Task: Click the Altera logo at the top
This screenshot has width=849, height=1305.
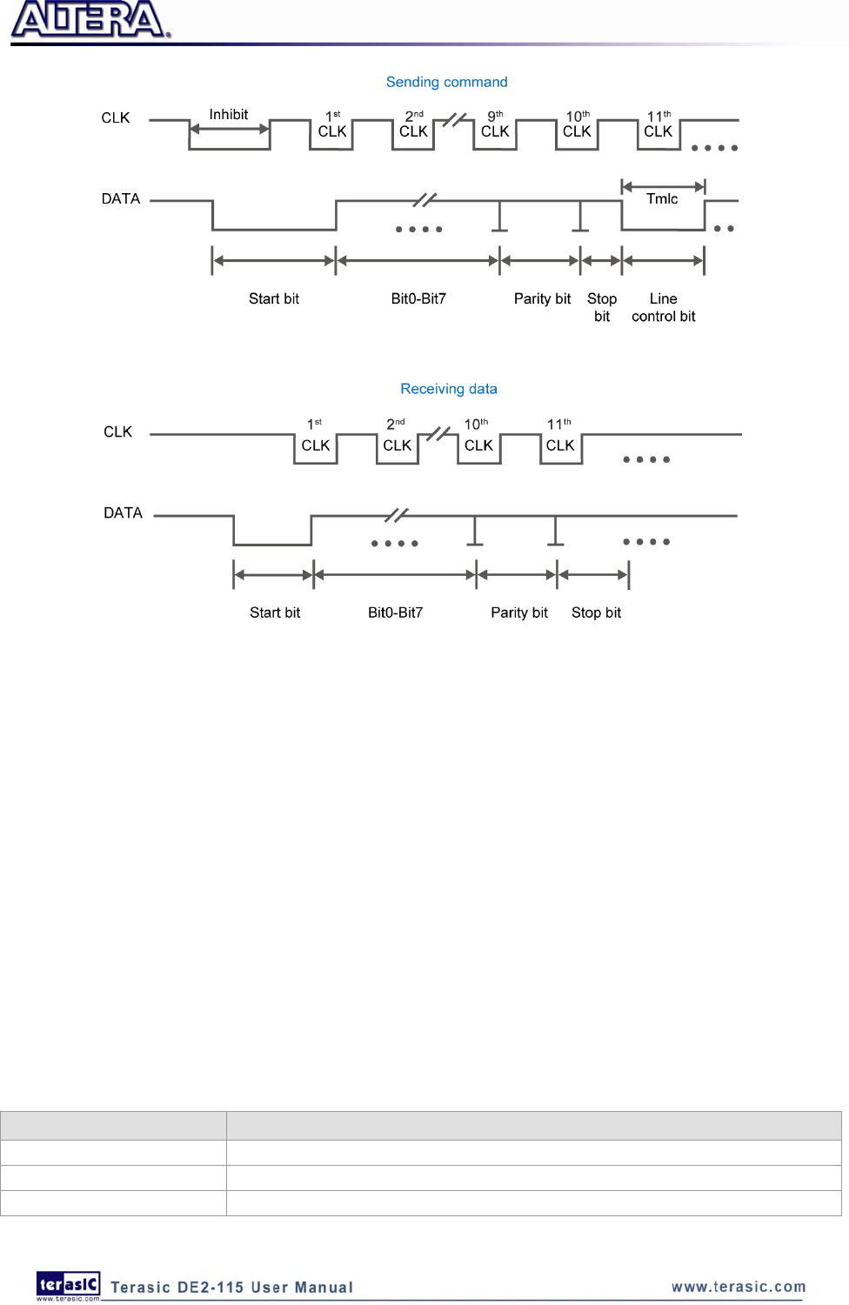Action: tap(90, 20)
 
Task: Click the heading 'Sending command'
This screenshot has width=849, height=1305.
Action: tap(446, 82)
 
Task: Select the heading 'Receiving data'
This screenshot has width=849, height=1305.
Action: tap(448, 389)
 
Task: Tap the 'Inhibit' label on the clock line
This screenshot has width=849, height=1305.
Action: tap(228, 114)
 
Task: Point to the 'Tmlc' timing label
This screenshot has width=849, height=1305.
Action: tap(661, 198)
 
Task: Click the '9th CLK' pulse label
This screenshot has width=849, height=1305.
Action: tap(495, 124)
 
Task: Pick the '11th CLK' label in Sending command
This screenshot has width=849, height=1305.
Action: tap(658, 124)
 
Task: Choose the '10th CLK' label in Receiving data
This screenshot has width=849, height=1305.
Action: tap(478, 436)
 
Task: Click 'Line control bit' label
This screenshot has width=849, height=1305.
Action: tap(663, 307)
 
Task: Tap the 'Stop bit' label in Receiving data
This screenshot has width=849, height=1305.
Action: tap(596, 612)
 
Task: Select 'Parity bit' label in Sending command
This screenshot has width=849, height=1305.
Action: tap(542, 298)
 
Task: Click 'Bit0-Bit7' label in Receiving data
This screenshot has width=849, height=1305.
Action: tap(395, 612)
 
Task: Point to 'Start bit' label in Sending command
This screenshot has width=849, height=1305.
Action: tap(273, 298)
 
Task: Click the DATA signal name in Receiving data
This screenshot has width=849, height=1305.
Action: tap(123, 512)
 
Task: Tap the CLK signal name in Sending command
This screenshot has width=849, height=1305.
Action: tap(115, 117)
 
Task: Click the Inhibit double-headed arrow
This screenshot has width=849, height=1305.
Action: tap(230, 130)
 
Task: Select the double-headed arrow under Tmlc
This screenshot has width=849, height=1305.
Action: tap(663, 185)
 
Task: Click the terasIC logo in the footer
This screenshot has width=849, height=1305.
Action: tap(68, 1285)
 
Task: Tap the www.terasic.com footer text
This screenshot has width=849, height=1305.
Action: tap(739, 1287)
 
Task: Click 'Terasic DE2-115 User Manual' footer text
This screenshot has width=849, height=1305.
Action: tap(231, 1288)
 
